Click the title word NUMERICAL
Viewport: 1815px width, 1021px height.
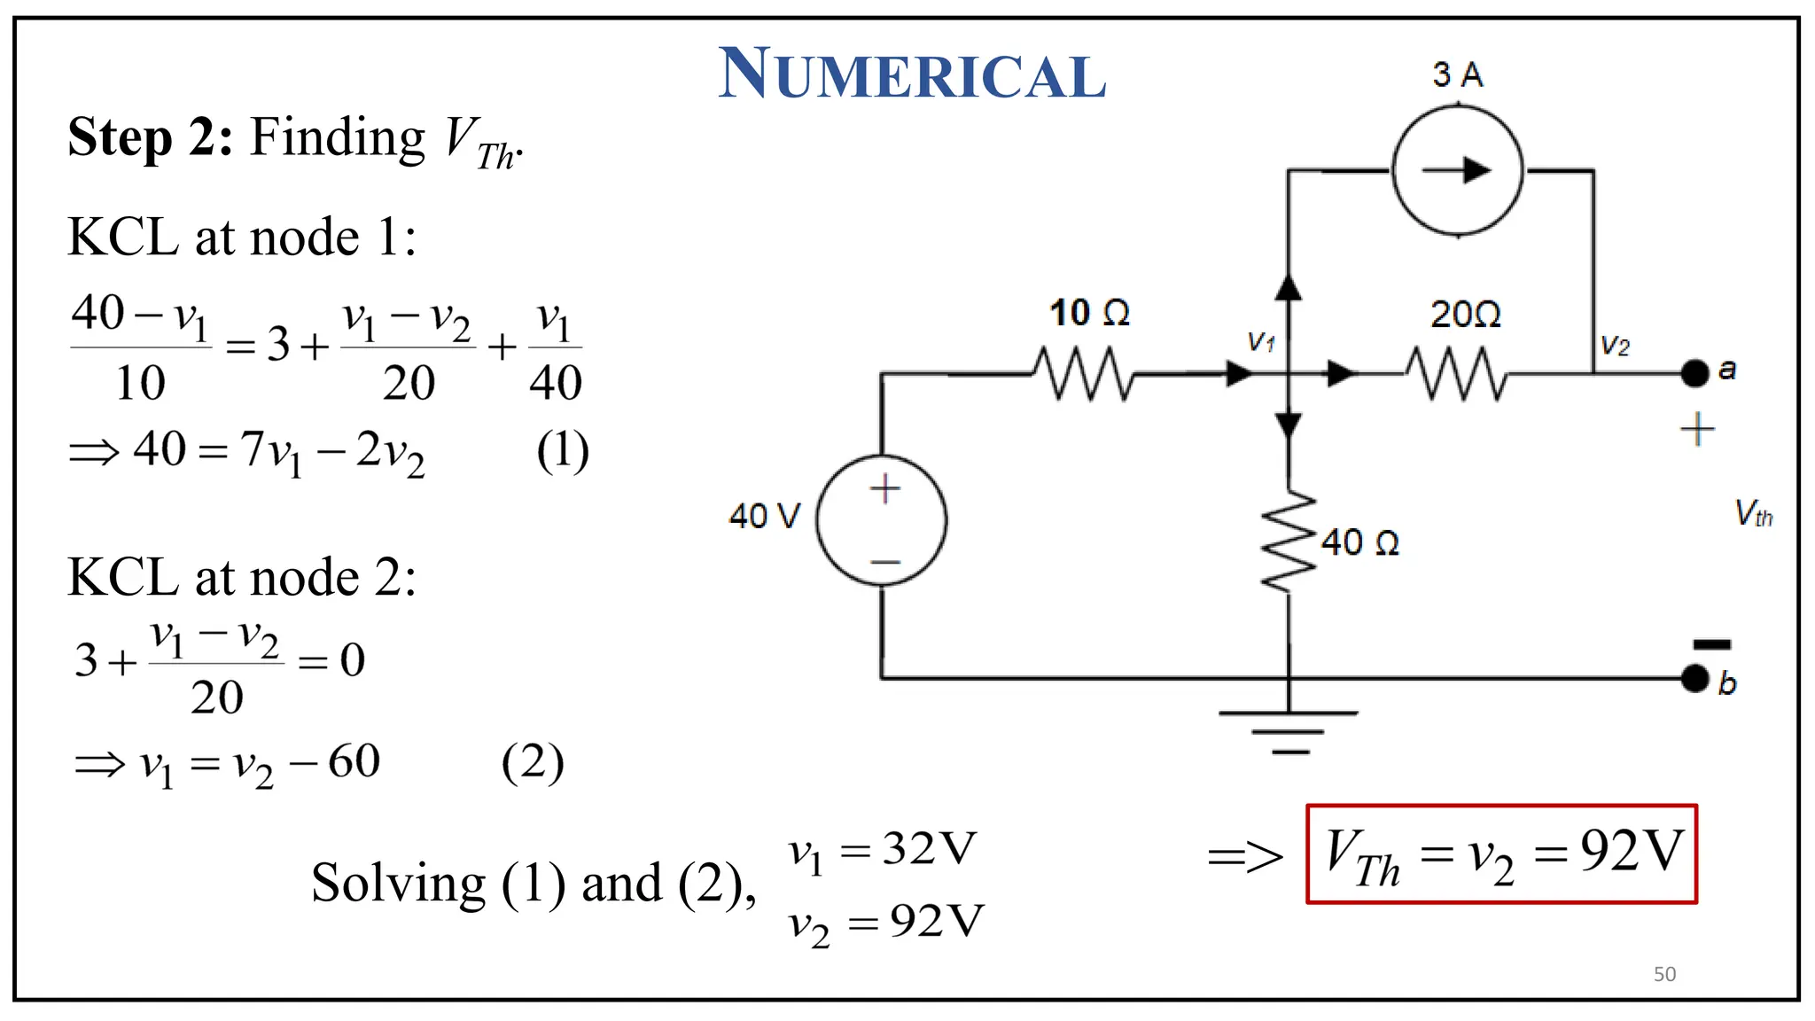point(912,74)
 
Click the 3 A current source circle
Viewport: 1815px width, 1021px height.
point(1457,170)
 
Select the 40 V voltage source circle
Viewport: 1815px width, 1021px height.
point(882,520)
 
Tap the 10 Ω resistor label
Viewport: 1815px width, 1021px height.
point(1089,313)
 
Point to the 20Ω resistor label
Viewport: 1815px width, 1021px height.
point(1465,315)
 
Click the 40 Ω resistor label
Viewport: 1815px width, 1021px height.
point(1359,542)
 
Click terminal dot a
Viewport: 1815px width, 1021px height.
point(1694,373)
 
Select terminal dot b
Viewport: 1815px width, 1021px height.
point(1694,679)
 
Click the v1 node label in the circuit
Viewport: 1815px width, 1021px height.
point(1260,341)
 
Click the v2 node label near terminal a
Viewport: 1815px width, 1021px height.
point(1615,346)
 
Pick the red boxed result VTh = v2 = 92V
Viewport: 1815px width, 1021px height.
point(1501,854)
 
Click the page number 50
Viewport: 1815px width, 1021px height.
point(1664,974)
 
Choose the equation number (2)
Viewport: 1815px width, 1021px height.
point(532,762)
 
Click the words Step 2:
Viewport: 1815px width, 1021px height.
point(151,138)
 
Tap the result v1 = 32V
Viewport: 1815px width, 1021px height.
point(883,851)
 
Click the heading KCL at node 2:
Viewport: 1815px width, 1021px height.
point(242,578)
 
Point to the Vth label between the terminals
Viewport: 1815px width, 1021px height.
point(1753,513)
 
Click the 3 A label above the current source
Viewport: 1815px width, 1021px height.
point(1457,74)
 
